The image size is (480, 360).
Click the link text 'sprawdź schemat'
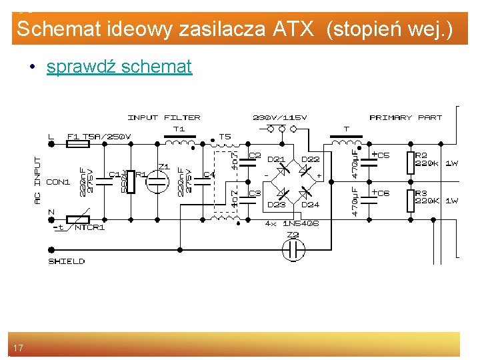119,67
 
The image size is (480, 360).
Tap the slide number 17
19,348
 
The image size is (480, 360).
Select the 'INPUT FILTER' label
163,118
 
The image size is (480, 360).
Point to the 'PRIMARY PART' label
405,118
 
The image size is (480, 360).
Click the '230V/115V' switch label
280,118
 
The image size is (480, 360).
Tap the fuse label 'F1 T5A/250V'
99,137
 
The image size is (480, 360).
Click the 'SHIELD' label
67,261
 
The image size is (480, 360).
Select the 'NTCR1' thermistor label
89,227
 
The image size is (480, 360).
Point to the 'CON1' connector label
58,182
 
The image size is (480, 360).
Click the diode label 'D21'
276,160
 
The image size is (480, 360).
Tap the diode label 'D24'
310,205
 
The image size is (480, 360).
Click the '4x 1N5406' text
291,223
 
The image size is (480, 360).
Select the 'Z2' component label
292,235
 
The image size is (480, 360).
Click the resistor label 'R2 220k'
427,159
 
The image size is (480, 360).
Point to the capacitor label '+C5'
381,155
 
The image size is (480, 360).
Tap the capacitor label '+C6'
381,193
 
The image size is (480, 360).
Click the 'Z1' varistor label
163,167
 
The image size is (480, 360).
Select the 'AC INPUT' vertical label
37,181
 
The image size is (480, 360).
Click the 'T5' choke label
225,137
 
